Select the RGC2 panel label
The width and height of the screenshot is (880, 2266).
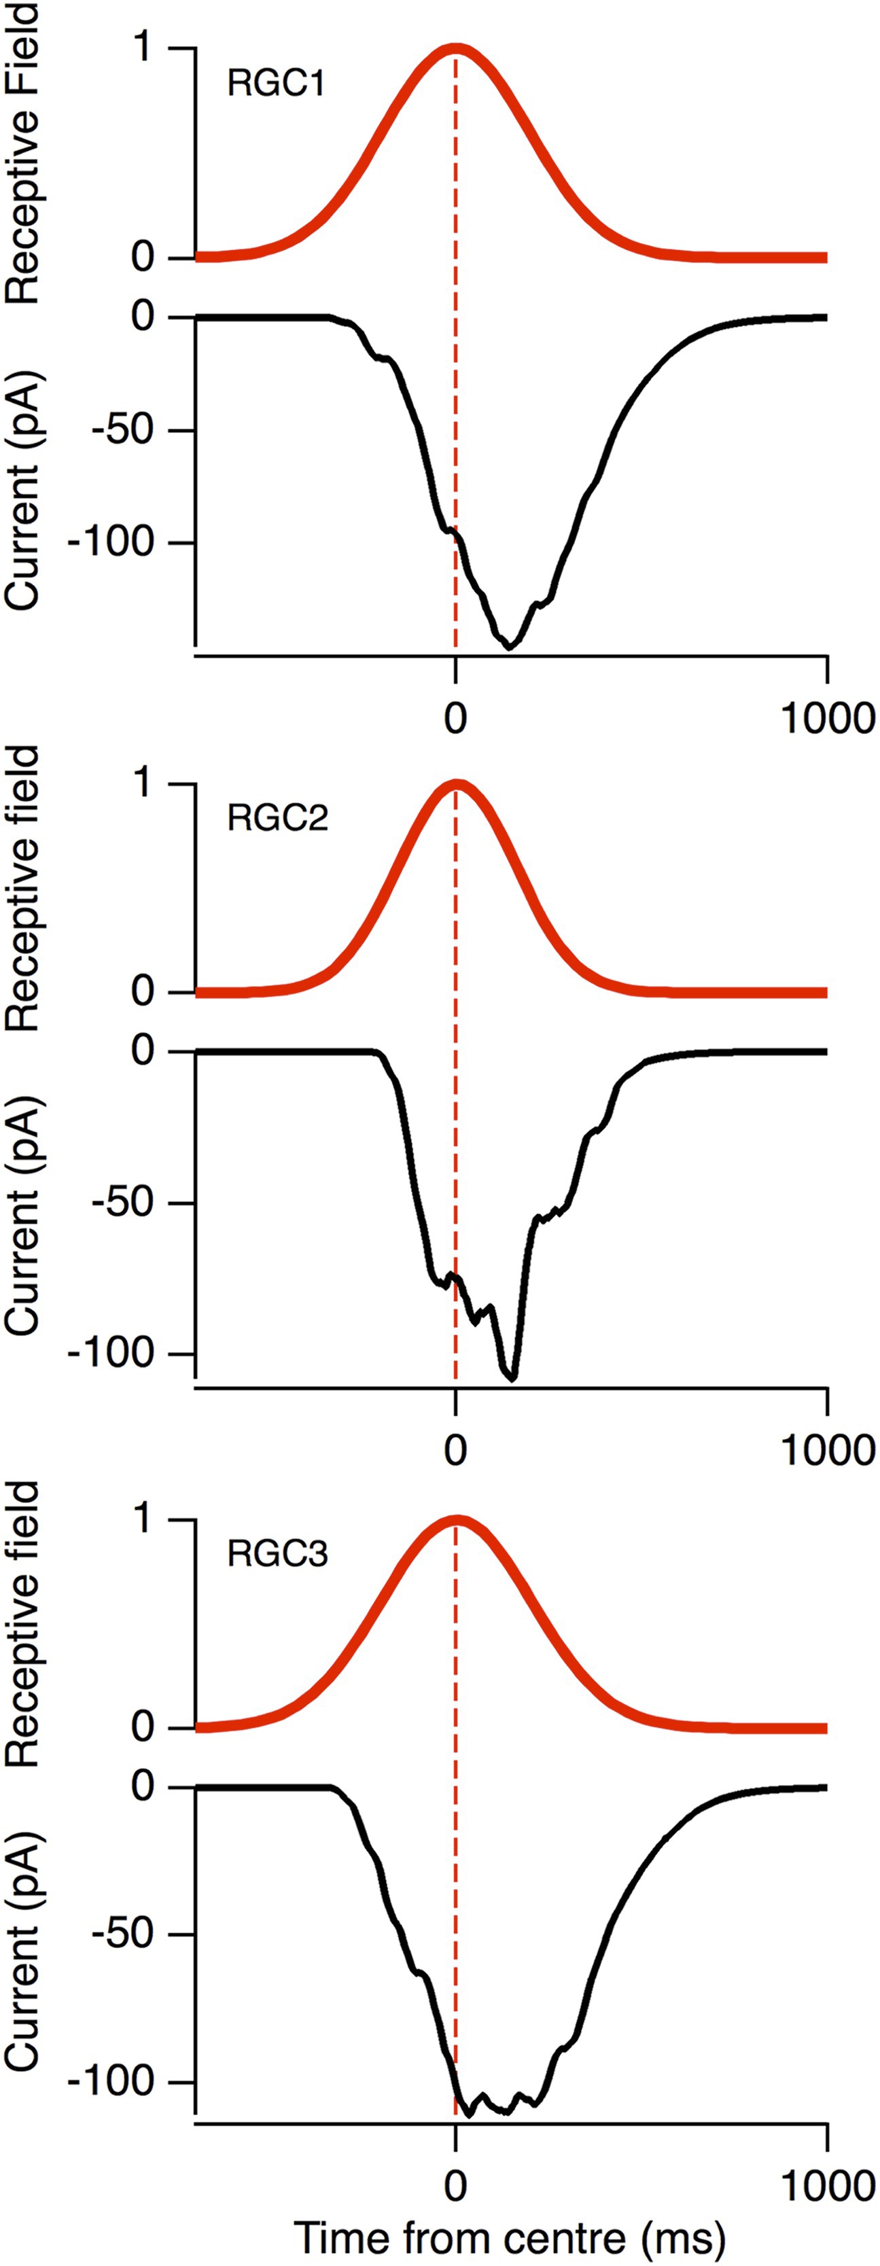pos(277,818)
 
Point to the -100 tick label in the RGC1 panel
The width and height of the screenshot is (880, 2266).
pos(122,543)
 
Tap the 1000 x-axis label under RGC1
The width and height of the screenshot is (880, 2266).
pos(827,719)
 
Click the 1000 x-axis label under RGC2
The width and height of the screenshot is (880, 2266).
pos(827,1451)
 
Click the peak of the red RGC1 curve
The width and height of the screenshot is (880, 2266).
pos(456,48)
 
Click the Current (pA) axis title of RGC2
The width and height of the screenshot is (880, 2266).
pos(24,1218)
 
